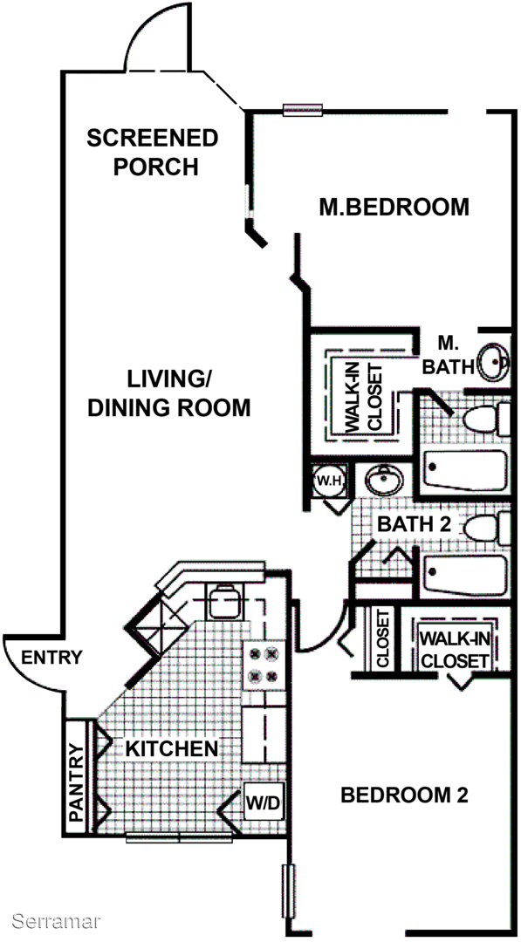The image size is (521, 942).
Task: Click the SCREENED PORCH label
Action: point(152,152)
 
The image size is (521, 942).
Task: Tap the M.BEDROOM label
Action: point(394,208)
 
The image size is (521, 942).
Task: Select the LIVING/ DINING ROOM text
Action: point(168,393)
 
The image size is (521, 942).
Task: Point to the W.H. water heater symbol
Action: point(328,481)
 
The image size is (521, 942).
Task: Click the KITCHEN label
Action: point(171,748)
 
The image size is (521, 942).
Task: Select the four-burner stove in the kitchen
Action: point(264,665)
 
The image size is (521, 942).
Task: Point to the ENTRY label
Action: point(51,658)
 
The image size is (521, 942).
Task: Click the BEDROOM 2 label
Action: point(404,795)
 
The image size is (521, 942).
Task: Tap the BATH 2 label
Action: point(414,524)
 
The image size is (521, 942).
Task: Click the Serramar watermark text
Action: point(57,920)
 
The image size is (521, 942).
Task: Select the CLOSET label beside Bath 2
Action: point(383,638)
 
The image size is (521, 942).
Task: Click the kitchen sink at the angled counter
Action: point(224,600)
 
